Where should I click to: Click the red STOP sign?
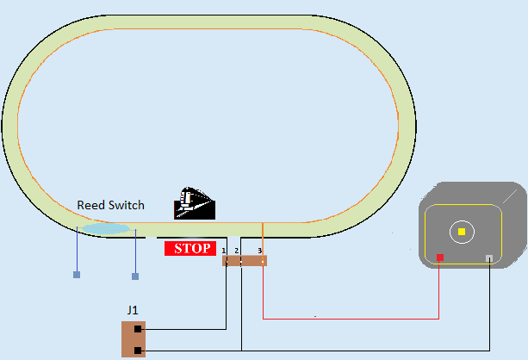pos(189,249)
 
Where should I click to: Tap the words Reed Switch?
pos(111,206)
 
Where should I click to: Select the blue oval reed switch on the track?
pos(106,229)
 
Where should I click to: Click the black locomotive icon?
pos(194,203)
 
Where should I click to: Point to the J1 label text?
pos(133,310)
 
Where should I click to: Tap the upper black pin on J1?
pos(138,329)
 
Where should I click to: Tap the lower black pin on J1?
pos(138,350)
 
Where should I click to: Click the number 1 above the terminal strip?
pos(224,251)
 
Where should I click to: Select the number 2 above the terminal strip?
pos(236,251)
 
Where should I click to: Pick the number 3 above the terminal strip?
pos(259,251)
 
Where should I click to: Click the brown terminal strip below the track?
pos(245,260)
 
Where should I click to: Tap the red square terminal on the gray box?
pos(440,258)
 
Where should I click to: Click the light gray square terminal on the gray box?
pos(490,258)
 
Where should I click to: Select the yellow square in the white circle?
pos(462,232)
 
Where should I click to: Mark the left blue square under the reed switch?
pos(77,275)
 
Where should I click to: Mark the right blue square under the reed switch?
pos(135,276)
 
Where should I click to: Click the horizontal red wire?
pos(345,319)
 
